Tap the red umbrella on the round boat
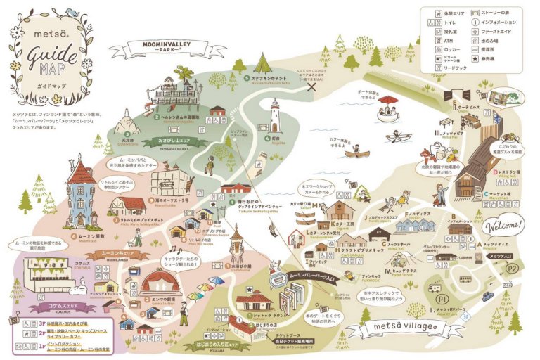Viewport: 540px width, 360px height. tap(386, 100)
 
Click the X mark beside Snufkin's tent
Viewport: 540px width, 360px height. tap(321, 86)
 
